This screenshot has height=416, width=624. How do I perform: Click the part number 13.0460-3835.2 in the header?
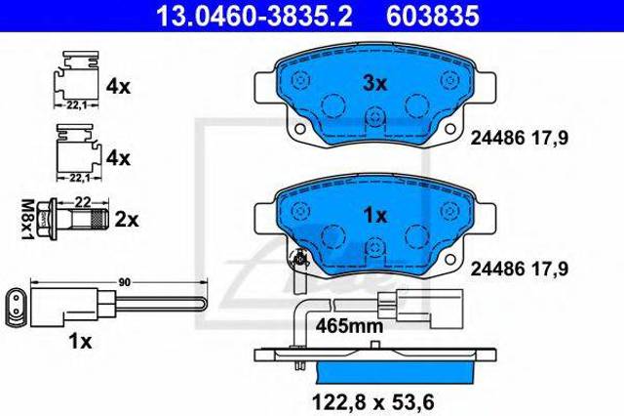[x=253, y=17]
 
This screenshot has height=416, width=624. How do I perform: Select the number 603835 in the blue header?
[x=433, y=17]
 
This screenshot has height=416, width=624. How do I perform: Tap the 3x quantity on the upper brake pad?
[x=374, y=84]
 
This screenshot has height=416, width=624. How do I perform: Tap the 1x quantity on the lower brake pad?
[x=375, y=216]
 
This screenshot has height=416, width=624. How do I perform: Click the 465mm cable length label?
[x=349, y=326]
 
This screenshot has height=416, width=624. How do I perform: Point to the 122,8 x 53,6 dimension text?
[x=372, y=401]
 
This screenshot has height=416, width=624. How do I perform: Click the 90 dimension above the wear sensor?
[x=125, y=282]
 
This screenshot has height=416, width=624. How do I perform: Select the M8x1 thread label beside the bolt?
[x=28, y=219]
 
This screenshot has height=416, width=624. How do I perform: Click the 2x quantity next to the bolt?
[x=127, y=220]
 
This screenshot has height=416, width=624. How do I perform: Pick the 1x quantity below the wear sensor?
[x=80, y=341]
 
